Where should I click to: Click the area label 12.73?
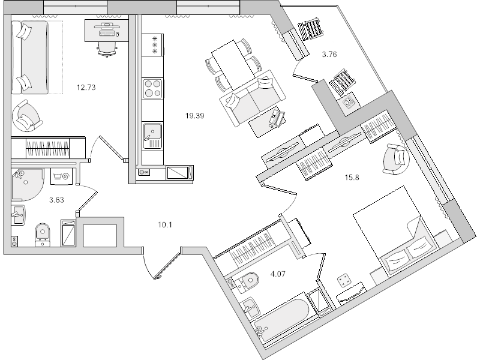86,88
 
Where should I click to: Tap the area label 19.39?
194,116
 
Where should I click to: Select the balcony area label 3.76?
329,55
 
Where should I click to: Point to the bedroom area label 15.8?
352,177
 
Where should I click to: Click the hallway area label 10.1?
164,225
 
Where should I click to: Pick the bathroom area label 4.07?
278,274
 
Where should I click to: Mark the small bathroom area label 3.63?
56,200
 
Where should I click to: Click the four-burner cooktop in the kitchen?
152,88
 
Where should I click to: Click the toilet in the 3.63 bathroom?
43,235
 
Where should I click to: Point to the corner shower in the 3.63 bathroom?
26,184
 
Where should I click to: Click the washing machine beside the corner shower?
61,176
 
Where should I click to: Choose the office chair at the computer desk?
107,49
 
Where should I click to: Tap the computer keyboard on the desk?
107,33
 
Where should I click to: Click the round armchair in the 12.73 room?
27,115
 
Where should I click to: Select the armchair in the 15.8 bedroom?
396,159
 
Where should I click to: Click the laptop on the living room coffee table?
277,119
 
